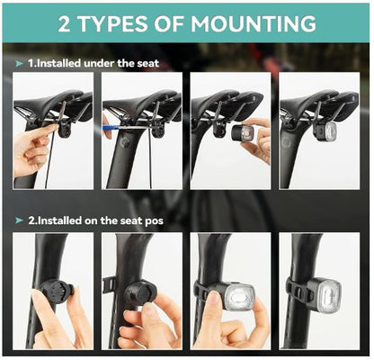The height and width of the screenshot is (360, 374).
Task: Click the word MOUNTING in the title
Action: [x=254, y=23]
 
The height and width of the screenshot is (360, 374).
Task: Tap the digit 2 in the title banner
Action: [x=64, y=23]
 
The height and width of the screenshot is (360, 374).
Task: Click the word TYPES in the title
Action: [x=112, y=23]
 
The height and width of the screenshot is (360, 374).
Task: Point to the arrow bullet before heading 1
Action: [x=19, y=64]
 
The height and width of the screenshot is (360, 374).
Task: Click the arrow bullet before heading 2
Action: [x=19, y=220]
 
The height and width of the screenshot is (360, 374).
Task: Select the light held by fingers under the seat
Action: [x=242, y=133]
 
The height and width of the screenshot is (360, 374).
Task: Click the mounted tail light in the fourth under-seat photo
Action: [x=325, y=130]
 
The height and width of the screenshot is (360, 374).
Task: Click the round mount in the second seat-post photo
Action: [x=139, y=292]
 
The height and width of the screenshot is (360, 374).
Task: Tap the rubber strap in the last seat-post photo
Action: [x=296, y=291]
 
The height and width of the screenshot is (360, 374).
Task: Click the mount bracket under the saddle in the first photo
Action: [x=65, y=129]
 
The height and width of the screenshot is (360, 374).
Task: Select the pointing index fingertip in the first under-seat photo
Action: [x=54, y=127]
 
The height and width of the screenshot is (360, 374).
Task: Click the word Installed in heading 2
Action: [x=59, y=220]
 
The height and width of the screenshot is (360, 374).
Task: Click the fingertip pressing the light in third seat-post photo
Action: [x=214, y=297]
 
